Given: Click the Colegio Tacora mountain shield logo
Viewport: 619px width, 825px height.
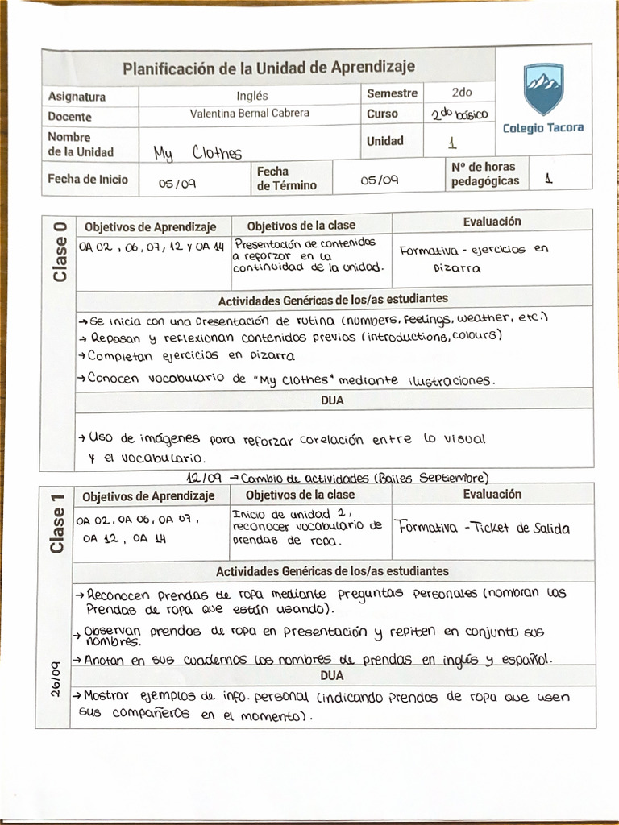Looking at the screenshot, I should click(543, 89).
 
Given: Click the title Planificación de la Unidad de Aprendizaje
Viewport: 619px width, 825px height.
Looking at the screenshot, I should click(268, 68).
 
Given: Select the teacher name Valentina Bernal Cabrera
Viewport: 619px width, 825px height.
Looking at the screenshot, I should click(249, 114).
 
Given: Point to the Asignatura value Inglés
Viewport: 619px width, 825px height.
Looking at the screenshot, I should click(251, 95).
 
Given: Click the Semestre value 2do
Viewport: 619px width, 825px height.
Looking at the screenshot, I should click(462, 93).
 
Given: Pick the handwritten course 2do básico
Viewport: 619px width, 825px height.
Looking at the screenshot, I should click(459, 115).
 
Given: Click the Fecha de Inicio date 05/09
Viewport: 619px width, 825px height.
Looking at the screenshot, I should click(177, 184).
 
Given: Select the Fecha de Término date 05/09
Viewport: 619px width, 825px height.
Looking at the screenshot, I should click(379, 180).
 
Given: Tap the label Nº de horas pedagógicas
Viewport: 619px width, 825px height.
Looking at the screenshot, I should click(484, 174).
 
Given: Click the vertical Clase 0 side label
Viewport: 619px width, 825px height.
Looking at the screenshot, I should click(60, 251).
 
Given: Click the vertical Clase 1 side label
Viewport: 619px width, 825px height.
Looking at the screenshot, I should click(57, 524).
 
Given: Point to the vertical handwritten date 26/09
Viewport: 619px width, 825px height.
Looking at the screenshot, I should click(56, 678).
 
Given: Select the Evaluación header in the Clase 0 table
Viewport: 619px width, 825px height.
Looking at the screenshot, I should click(492, 222).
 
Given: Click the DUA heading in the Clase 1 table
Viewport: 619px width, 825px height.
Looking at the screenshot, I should click(332, 675).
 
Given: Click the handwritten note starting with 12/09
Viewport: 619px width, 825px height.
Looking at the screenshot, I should click(337, 477).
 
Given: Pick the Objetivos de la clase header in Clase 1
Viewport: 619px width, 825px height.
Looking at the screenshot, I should click(300, 495).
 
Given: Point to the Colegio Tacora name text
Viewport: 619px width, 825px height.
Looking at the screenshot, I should click(542, 128).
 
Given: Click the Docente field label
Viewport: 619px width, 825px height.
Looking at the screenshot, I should click(70, 116).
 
